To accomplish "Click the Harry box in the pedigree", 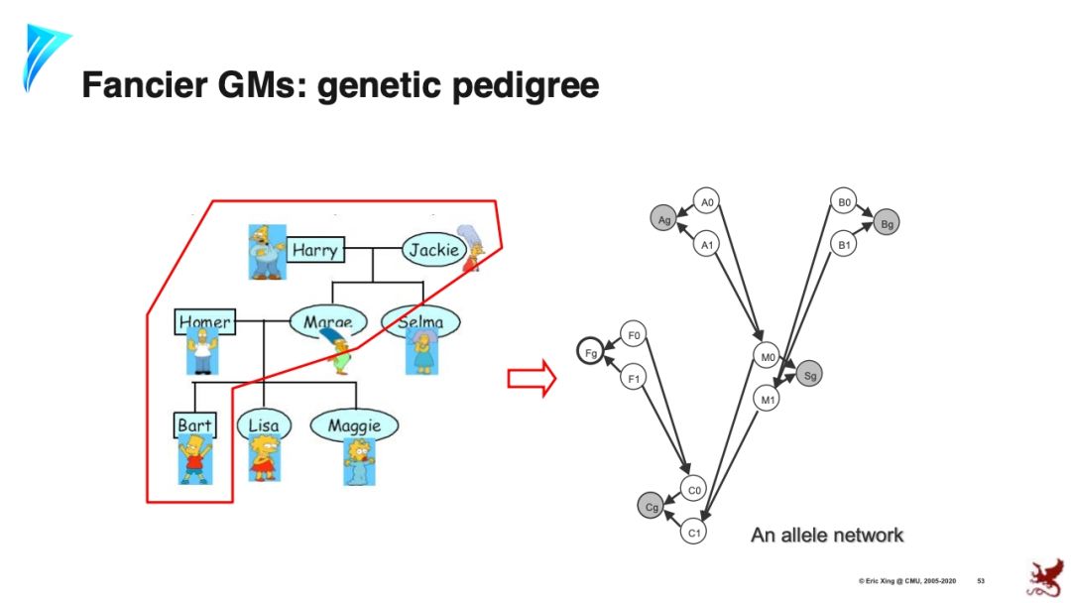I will (x=314, y=250).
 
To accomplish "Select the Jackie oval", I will (x=433, y=250).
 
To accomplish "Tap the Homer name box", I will (x=204, y=321).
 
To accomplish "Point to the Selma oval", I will (x=419, y=321).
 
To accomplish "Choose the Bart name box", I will (x=194, y=425).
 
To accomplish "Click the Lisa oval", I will (x=264, y=425).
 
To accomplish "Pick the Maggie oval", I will (x=354, y=425).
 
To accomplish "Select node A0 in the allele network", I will (x=707, y=202).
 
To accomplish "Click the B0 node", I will (x=844, y=202).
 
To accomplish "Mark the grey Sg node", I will (x=810, y=375).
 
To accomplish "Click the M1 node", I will (x=767, y=399).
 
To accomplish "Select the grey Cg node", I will (x=652, y=507).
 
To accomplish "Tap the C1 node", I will (x=695, y=532).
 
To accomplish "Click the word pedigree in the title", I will (x=526, y=85).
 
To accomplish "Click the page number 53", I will (x=981, y=579).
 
